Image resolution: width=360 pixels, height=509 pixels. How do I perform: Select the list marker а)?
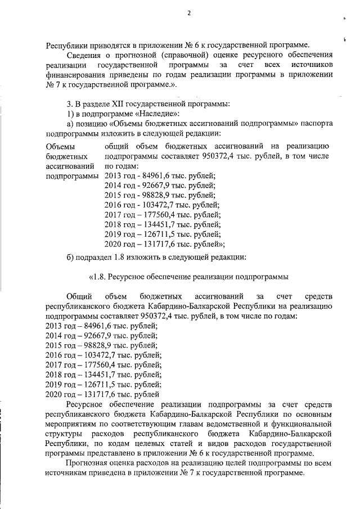(71, 123)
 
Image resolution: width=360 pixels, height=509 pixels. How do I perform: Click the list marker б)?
(71, 257)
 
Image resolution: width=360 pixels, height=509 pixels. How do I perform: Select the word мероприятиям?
(74, 425)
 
